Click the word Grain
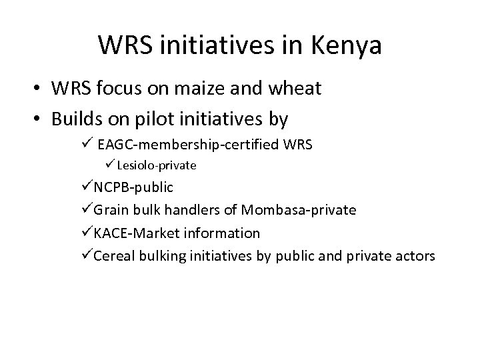point(111,210)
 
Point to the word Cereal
point(114,256)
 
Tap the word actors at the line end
point(413,256)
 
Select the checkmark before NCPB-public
point(87,187)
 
